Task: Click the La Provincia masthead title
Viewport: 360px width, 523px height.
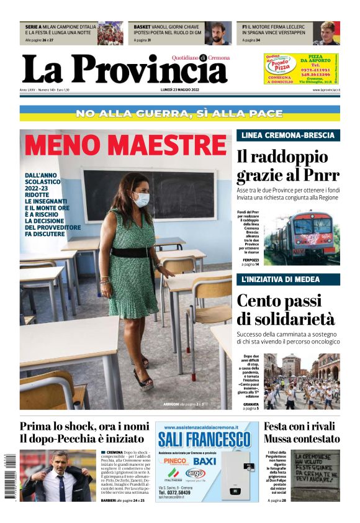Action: [124, 70]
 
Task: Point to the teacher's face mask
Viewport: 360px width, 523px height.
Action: [142, 199]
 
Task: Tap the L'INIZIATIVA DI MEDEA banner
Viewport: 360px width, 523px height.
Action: [287, 280]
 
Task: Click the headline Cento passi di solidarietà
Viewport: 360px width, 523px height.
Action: [286, 310]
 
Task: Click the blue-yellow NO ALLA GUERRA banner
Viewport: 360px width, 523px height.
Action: [180, 114]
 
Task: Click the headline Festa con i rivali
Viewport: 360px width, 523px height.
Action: [302, 427]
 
